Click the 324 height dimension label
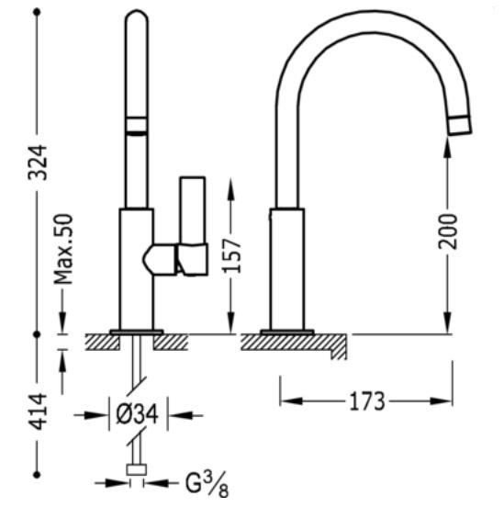coord(38,163)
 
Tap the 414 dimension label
coord(38,411)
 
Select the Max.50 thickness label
coord(63,249)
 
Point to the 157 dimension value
coord(232,255)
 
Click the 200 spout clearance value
coord(448,231)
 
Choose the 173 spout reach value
coord(367,401)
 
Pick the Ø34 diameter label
coord(138,414)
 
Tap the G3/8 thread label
coord(207,485)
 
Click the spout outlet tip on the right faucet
coord(459,126)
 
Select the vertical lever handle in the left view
coord(193,210)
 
